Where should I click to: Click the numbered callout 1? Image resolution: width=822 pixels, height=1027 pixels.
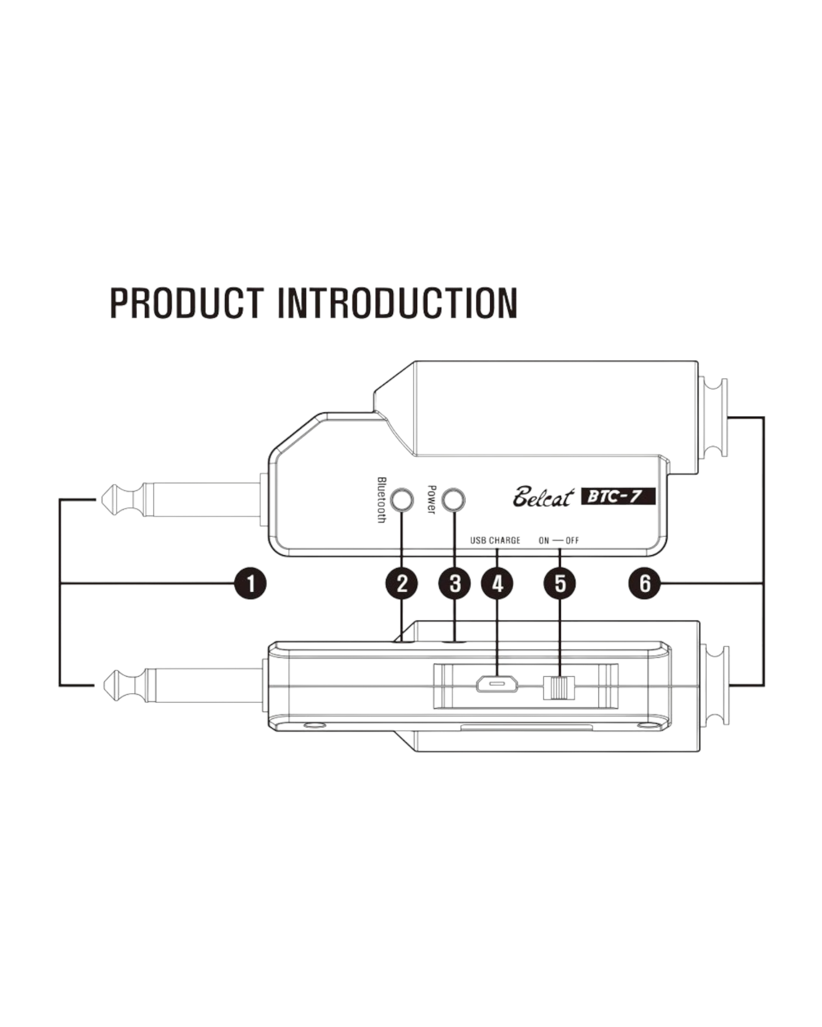250,583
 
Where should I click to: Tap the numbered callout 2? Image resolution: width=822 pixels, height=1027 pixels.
402,583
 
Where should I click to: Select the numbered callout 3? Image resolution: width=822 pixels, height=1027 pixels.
455,583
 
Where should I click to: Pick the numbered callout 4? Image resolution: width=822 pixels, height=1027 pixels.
497,583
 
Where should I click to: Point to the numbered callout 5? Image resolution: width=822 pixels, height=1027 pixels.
561,583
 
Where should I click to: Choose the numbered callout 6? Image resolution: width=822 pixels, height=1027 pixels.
645,583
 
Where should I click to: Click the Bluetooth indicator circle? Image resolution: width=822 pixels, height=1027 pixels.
402,500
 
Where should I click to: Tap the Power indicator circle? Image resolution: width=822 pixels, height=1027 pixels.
455,500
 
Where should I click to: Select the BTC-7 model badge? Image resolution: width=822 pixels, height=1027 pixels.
618,497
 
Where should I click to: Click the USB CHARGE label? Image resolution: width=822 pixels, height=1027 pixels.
495,540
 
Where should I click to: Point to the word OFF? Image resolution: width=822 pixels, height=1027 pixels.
572,540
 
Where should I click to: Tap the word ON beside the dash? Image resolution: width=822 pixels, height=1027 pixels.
544,540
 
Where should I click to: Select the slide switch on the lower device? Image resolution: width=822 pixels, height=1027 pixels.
558,688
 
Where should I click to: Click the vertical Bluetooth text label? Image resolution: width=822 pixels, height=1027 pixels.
381,500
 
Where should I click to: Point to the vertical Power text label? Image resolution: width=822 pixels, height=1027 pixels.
432,500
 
